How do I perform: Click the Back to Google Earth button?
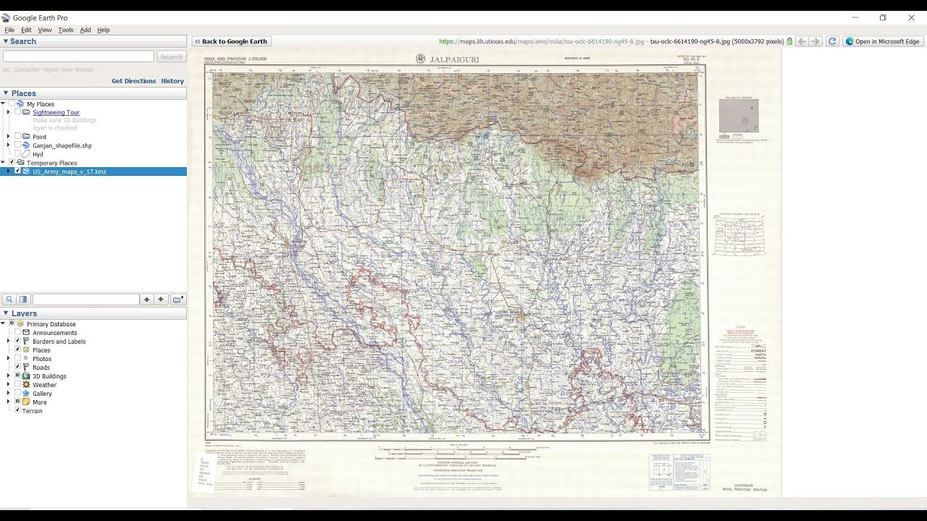[x=231, y=41]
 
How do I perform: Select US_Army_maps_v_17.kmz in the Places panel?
[x=69, y=171]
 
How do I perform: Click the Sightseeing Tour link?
[x=56, y=113]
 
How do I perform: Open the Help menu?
[x=104, y=30]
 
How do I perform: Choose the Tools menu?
[x=66, y=30]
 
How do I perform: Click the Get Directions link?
[x=133, y=81]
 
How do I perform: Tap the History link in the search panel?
[x=172, y=81]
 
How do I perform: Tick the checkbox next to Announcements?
[x=18, y=333]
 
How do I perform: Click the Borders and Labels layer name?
[x=59, y=342]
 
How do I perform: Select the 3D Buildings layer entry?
[x=49, y=376]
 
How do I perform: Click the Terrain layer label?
[x=32, y=411]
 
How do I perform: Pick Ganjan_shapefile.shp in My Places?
[x=62, y=145]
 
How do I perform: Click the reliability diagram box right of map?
[x=739, y=116]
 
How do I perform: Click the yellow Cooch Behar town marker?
[x=520, y=317]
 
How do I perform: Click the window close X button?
[x=911, y=17]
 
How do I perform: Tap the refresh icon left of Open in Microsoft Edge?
[x=832, y=41]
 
